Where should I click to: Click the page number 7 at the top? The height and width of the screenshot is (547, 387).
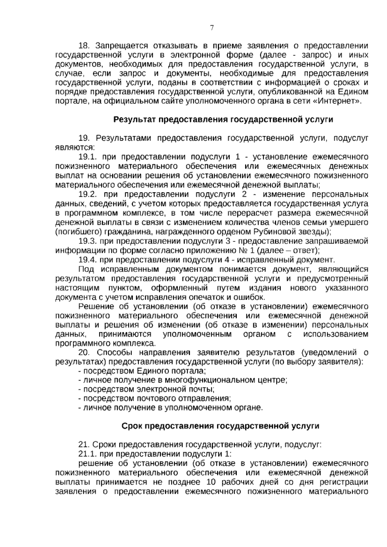(212, 28)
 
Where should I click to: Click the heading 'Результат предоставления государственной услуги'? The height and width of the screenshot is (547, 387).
(223, 120)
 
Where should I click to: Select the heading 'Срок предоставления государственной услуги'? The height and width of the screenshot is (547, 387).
(220, 426)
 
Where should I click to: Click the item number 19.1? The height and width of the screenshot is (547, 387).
(88, 157)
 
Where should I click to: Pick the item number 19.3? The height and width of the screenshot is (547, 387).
(88, 241)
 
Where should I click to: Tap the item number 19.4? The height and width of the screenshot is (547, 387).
(88, 260)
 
